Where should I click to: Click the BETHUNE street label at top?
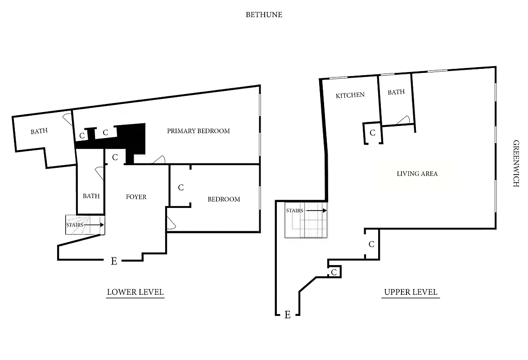tap(264, 14)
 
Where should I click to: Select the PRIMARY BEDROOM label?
tap(199, 131)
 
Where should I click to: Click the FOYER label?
tap(136, 197)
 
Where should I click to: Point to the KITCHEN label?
tap(350, 95)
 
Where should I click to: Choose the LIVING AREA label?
tap(417, 173)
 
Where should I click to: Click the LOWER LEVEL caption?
tap(135, 292)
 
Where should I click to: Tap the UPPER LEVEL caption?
tap(410, 292)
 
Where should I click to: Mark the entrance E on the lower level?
tap(114, 261)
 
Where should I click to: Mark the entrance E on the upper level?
tap(287, 315)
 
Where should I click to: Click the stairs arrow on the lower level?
tap(94, 225)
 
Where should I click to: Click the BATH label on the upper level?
tap(396, 92)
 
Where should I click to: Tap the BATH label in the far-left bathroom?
tap(40, 131)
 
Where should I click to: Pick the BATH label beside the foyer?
tap(91, 196)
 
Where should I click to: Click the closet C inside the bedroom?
tap(181, 188)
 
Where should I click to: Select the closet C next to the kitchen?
tap(373, 133)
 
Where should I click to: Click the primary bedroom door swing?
tap(159, 160)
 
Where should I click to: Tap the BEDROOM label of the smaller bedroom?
tap(224, 199)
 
